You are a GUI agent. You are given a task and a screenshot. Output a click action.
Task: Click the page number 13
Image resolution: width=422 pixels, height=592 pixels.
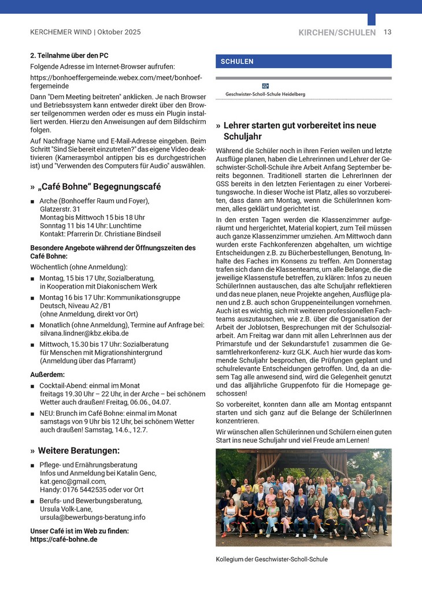387,32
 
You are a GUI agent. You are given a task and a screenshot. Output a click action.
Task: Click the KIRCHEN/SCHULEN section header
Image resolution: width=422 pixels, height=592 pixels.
337,33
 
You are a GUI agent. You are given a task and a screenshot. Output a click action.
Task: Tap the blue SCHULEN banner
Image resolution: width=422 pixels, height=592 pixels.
303,61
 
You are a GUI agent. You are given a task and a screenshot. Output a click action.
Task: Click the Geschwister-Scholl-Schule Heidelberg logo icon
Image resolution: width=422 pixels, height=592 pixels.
265,86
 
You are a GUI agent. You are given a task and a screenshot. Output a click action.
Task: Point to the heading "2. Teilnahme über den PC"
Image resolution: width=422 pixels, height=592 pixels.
69,56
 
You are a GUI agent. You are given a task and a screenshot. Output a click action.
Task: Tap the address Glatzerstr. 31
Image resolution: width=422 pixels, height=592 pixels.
60,209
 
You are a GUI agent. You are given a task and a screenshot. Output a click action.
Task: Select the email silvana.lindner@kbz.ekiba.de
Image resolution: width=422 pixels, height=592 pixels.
84,334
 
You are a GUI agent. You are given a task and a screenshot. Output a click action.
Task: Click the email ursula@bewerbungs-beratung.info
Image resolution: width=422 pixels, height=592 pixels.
92,517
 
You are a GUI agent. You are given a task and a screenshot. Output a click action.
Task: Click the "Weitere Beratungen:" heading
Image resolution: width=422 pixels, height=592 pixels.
79,450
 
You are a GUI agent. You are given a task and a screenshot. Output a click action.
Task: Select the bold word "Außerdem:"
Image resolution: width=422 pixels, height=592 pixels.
47,374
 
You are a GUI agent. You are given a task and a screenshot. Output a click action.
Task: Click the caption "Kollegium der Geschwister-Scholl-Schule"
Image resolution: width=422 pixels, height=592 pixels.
272,559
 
